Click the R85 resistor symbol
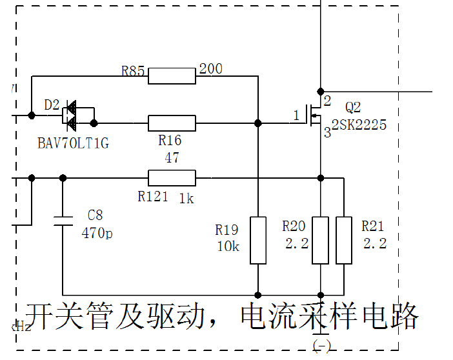coord(172,76)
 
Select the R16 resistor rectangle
coord(172,123)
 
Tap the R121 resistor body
coord(172,177)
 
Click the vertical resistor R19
coord(258,241)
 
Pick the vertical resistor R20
coord(321,241)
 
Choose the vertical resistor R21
coord(344,241)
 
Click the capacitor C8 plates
coord(63,220)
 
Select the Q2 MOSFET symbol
coord(316,116)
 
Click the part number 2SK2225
coord(359,125)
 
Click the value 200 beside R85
coord(211,68)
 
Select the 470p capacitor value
coord(97,234)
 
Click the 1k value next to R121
coord(186,199)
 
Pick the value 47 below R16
coord(172,158)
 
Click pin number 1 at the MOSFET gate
coord(297,115)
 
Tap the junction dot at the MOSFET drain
coord(321,91)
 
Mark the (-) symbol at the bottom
coord(321,346)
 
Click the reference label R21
coord(372,226)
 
